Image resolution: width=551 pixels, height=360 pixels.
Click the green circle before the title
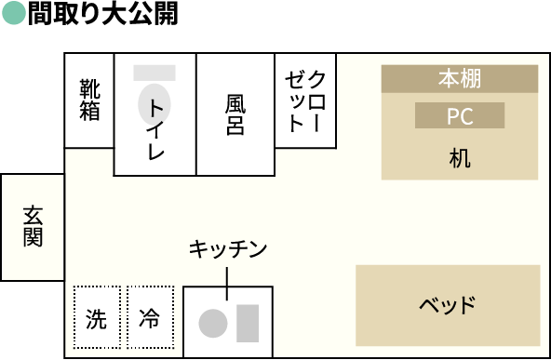[14, 16]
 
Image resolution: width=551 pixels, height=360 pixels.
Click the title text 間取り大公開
[102, 16]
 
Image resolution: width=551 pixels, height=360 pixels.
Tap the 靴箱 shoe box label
[89, 100]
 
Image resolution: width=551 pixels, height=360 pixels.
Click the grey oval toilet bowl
[149, 103]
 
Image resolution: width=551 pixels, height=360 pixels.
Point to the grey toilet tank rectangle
[155, 73]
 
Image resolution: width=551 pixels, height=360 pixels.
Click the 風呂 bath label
[235, 113]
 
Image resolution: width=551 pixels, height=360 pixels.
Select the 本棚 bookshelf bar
[459, 78]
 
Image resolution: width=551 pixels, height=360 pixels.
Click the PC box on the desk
[460, 116]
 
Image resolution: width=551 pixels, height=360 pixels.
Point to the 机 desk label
[460, 157]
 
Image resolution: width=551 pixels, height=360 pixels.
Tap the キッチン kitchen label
[228, 248]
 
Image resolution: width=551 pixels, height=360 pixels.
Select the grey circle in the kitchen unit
[212, 323]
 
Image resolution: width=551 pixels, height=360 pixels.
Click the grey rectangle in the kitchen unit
[248, 321]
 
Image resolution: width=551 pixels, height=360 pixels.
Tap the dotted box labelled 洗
[96, 319]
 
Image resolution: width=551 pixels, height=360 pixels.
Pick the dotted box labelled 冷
[150, 319]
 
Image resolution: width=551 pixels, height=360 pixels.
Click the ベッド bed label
[447, 305]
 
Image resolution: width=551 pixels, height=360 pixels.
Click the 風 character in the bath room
[235, 102]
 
